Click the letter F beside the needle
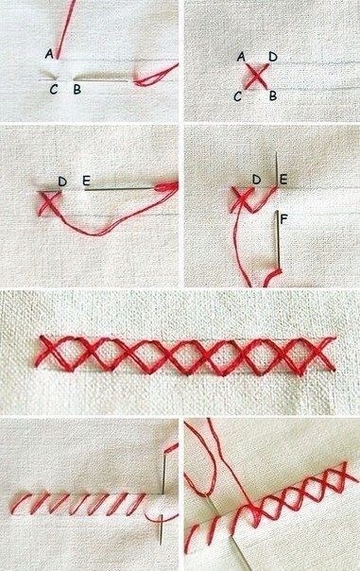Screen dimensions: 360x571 284,219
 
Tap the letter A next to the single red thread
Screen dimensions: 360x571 49,54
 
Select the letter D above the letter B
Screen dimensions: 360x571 273,57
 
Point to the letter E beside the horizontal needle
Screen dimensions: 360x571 86,181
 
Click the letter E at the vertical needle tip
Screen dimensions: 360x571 283,180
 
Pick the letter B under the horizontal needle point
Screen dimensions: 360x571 77,90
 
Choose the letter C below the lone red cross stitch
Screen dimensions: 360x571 238,96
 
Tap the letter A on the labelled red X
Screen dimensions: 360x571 241,57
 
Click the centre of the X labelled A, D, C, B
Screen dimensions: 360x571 257,77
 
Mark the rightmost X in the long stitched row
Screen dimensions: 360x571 319,354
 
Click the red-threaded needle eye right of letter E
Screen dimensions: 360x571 166,187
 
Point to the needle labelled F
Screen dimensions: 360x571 278,236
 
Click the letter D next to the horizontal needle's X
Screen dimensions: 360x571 62,181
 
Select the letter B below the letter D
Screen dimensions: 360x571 273,96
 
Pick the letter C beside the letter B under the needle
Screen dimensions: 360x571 54,90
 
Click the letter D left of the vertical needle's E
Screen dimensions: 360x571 257,180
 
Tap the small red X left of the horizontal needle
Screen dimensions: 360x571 48,202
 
